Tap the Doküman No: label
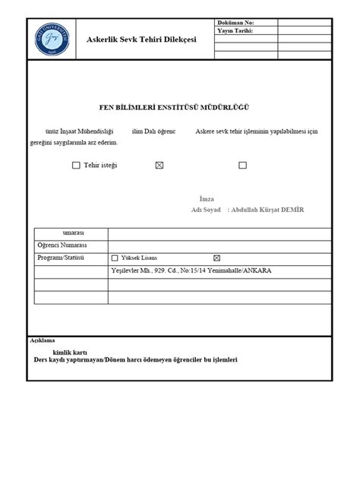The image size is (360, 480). (236, 23)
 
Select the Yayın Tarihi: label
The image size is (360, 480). (235, 31)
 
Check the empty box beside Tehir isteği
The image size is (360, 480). (76, 165)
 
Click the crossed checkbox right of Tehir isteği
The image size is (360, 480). (159, 165)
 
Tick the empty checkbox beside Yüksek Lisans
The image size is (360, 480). (115, 258)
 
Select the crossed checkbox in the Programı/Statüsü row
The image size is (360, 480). (216, 258)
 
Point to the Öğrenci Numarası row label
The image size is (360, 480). (62, 245)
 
